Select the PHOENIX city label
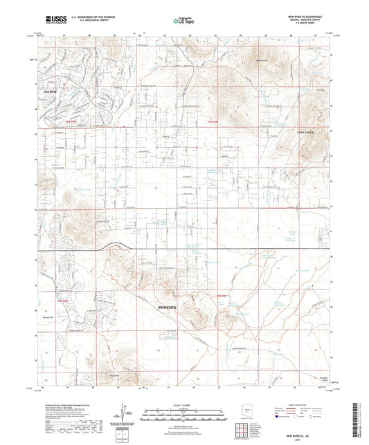(172, 304)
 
